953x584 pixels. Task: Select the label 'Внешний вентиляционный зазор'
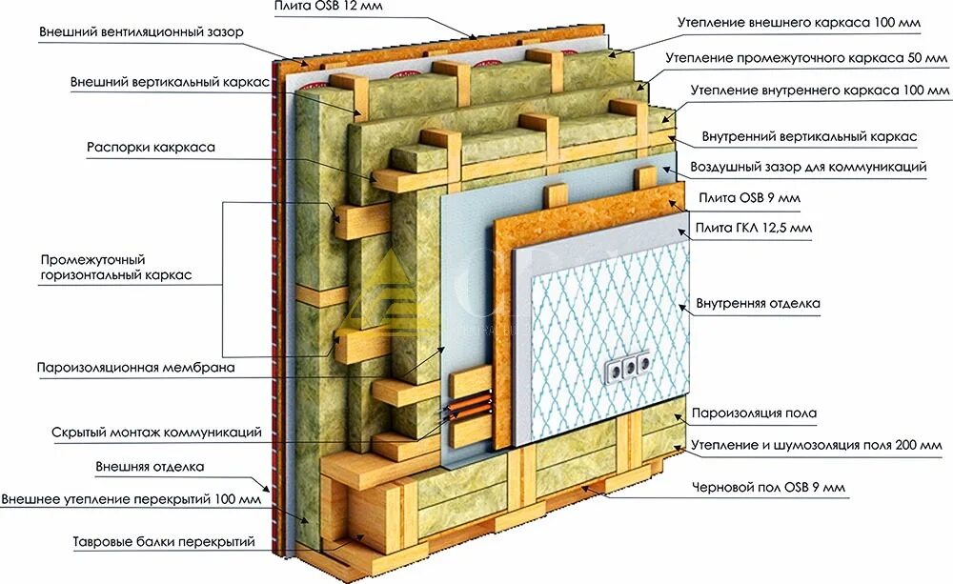[141, 32]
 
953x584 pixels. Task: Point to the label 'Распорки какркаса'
[151, 148]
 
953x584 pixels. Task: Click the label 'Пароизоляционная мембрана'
[135, 367]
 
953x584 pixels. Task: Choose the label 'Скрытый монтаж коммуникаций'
[156, 433]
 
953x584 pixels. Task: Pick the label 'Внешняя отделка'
[150, 467]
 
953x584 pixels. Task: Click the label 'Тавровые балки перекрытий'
[164, 542]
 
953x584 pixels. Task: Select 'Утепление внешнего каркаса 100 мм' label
[799, 20]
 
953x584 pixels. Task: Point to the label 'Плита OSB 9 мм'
[750, 198]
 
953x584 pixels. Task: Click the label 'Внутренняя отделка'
[759, 304]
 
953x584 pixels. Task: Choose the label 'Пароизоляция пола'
[754, 413]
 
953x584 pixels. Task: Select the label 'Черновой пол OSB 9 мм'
[768, 488]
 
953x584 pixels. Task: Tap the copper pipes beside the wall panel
[467, 410]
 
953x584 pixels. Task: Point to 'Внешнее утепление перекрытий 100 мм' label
[131, 499]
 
